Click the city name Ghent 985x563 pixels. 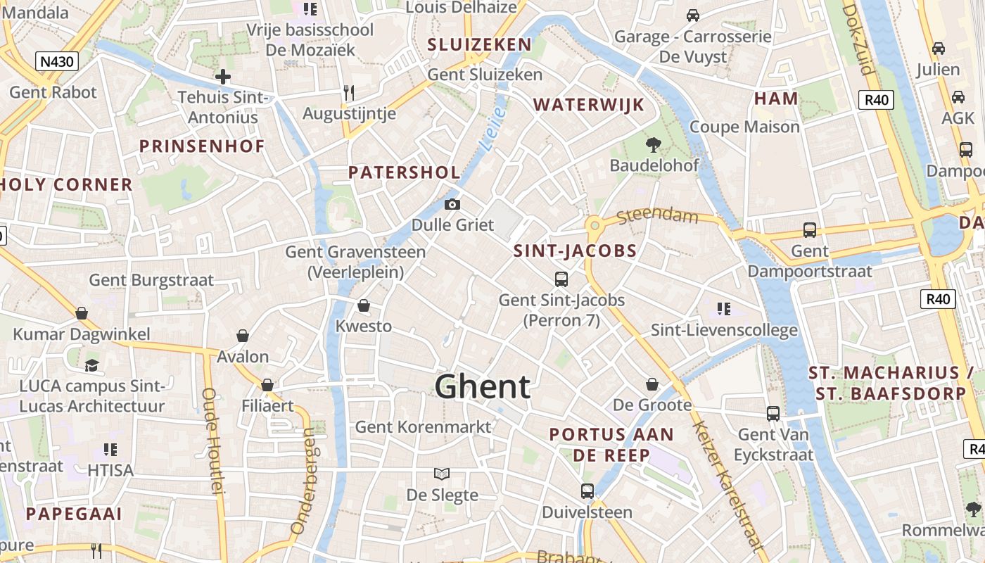pyautogui.click(x=482, y=387)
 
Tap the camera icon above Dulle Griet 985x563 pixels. pyautogui.click(x=452, y=205)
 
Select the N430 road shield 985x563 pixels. pyautogui.click(x=56, y=61)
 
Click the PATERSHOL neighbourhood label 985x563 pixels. pyautogui.click(x=405, y=172)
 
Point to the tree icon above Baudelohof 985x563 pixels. pyautogui.click(x=654, y=145)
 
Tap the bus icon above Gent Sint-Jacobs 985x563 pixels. pyautogui.click(x=561, y=279)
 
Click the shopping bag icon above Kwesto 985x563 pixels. pyautogui.click(x=364, y=305)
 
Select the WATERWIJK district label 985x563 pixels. pyautogui.click(x=588, y=105)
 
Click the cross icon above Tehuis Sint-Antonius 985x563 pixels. pyautogui.click(x=223, y=77)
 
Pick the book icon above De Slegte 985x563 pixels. pyautogui.click(x=442, y=474)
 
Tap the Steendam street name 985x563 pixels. pyautogui.click(x=658, y=215)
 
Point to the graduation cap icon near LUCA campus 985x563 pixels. pyautogui.click(x=91, y=365)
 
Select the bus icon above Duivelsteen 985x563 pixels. pyautogui.click(x=587, y=491)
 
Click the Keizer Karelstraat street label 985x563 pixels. pyautogui.click(x=727, y=486)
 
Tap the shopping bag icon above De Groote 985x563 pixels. pyautogui.click(x=652, y=384)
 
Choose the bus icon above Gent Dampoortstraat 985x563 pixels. pyautogui.click(x=810, y=230)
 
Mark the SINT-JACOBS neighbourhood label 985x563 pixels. pyautogui.click(x=575, y=251)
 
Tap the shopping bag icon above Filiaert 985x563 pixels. pyautogui.click(x=267, y=385)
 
